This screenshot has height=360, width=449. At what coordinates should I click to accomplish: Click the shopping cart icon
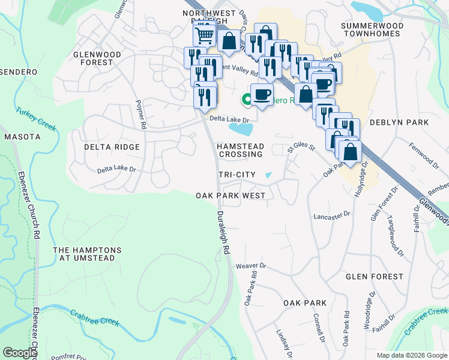click(204, 35)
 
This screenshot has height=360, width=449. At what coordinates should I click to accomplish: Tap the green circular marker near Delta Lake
click(246, 100)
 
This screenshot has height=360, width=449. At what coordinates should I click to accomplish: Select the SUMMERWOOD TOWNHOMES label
click(370, 29)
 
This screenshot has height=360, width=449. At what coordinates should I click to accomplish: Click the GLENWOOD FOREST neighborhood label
click(97, 58)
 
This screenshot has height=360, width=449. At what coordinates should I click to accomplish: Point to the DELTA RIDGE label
click(112, 147)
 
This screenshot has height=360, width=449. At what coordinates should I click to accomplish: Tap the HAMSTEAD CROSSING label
click(240, 150)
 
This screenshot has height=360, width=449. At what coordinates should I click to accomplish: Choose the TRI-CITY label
click(237, 175)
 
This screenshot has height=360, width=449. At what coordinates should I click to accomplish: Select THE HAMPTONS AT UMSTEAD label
click(87, 254)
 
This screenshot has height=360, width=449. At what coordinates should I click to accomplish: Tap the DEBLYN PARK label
click(399, 122)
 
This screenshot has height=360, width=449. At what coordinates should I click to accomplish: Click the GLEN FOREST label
click(375, 277)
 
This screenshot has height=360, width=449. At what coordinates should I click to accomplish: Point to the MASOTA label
click(22, 137)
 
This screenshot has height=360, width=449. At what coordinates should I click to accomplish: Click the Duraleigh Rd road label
click(223, 230)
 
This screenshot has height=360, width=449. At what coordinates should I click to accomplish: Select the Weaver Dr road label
click(250, 265)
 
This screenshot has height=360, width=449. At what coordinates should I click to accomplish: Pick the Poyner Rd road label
click(142, 114)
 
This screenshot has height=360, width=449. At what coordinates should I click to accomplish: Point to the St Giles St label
click(301, 147)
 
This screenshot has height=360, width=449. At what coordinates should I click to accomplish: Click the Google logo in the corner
click(20, 353)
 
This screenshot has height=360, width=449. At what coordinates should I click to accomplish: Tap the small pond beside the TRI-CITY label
click(268, 175)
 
